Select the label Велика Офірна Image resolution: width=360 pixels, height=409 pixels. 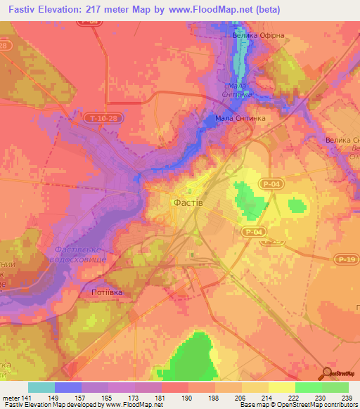point(257,34)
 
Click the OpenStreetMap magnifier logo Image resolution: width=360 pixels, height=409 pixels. point(328,374)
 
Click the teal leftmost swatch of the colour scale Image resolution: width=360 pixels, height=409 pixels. point(41,387)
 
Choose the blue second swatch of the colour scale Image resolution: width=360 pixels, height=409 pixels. point(68,387)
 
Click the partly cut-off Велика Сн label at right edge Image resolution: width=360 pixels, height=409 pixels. point(342,140)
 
